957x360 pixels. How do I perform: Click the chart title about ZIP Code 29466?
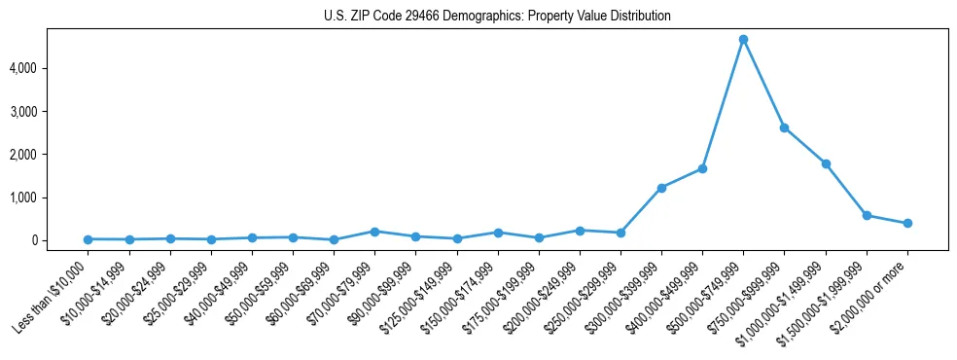(x=497, y=16)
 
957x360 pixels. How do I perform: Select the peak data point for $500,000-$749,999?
(x=743, y=40)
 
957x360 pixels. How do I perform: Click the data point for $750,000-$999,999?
(x=784, y=127)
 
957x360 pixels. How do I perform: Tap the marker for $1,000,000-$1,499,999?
(x=826, y=163)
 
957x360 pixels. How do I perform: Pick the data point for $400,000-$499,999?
(x=702, y=168)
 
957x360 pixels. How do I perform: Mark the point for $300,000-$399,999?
(x=661, y=188)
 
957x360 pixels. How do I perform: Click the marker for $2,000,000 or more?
(x=907, y=223)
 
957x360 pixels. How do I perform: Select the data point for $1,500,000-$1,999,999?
(x=867, y=215)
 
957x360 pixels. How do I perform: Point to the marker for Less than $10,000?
(x=89, y=239)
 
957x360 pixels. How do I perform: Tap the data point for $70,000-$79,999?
(x=374, y=232)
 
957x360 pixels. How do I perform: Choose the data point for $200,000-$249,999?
(x=580, y=231)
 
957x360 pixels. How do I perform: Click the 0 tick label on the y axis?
(x=62, y=240)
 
